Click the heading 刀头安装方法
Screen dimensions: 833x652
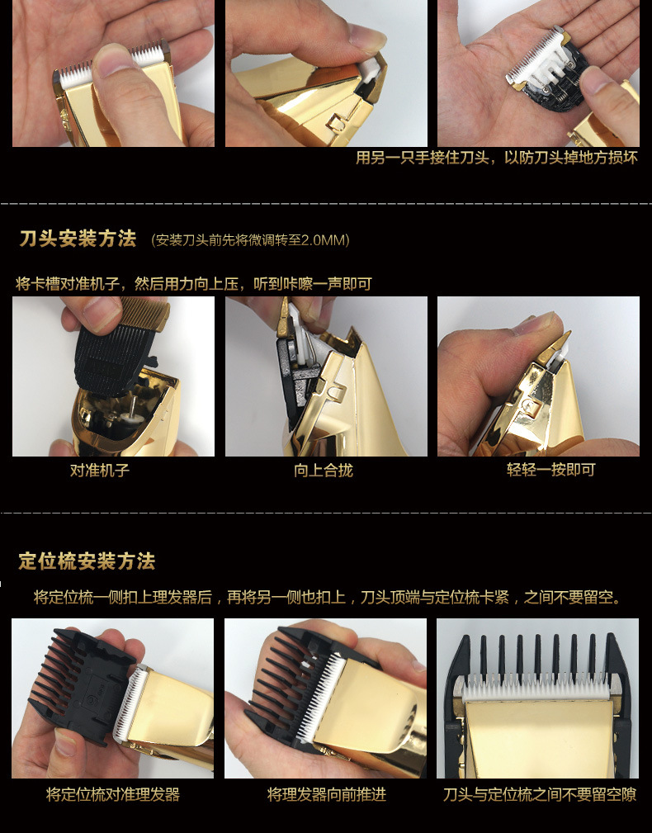click(x=78, y=239)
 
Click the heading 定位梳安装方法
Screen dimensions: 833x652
click(x=87, y=561)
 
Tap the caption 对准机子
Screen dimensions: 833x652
click(x=99, y=471)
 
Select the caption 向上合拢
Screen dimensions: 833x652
click(x=323, y=471)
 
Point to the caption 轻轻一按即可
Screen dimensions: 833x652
click(x=550, y=471)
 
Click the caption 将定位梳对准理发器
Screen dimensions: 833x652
click(x=112, y=795)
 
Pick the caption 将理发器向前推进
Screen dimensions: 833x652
click(x=326, y=795)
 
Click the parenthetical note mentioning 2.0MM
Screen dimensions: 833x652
click(x=251, y=240)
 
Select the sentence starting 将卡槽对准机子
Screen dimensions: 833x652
click(x=193, y=284)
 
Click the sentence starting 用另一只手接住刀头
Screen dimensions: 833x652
click(x=496, y=158)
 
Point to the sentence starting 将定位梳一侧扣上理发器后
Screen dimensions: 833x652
click(x=327, y=597)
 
